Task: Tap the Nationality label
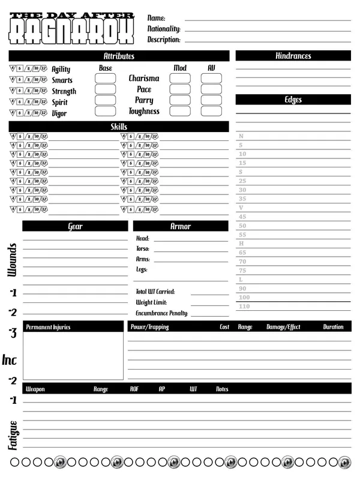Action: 164,29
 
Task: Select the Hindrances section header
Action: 293,56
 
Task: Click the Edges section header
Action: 293,100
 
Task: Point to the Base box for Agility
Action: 106,78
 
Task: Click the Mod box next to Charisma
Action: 180,78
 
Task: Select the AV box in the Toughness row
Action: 211,111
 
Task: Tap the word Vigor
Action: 59,113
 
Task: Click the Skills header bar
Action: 119,127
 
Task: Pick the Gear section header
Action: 76,226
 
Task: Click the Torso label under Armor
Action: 143,248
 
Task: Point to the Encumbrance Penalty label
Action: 162,313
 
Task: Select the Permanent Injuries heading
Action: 48,327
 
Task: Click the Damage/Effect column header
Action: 283,327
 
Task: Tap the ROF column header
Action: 134,389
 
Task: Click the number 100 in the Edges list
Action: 244,298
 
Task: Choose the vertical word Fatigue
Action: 12,436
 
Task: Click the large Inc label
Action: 10,360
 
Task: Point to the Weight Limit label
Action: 151,302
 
